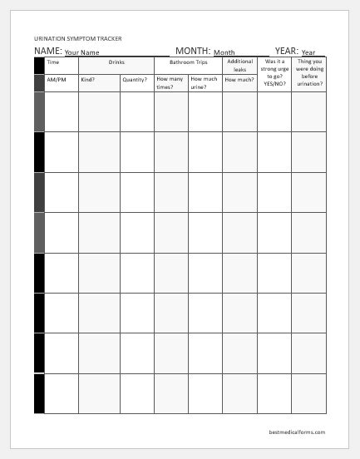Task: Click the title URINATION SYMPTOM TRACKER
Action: pyautogui.click(x=77, y=38)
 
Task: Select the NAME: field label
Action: pyautogui.click(x=48, y=51)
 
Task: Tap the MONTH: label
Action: pyautogui.click(x=193, y=51)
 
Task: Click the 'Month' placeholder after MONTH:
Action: pyautogui.click(x=224, y=52)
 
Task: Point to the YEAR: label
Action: pyautogui.click(x=286, y=51)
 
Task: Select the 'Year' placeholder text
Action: pyautogui.click(x=308, y=52)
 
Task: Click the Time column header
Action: pyautogui.click(x=53, y=62)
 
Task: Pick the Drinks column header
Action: pyautogui.click(x=116, y=62)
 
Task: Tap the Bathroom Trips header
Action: pyautogui.click(x=188, y=62)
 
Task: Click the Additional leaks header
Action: pyautogui.click(x=239, y=66)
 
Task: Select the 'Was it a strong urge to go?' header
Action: pyautogui.click(x=274, y=72)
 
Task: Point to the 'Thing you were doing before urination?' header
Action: pyautogui.click(x=309, y=72)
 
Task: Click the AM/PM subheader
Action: pyautogui.click(x=57, y=80)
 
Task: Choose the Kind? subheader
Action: pyautogui.click(x=88, y=80)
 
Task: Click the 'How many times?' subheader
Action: pyautogui.click(x=169, y=83)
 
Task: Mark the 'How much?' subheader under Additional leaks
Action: pyautogui.click(x=239, y=80)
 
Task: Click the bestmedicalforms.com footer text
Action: pyautogui.click(x=298, y=432)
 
